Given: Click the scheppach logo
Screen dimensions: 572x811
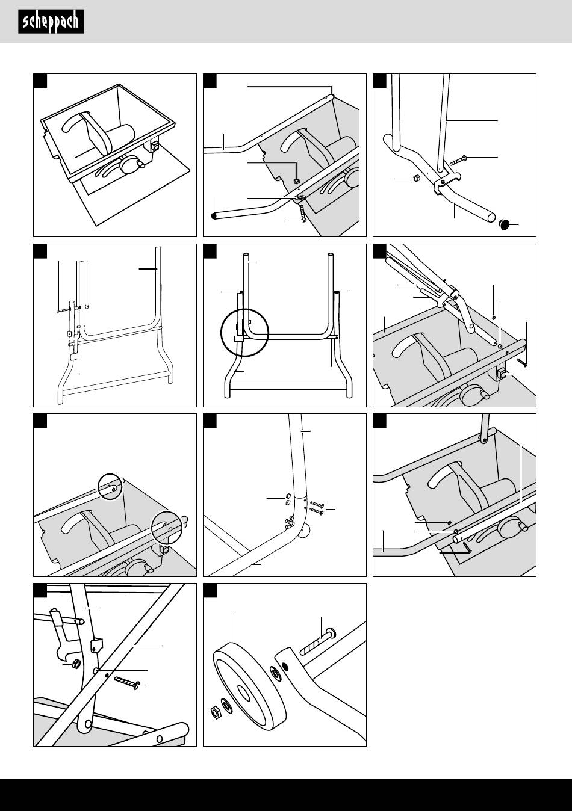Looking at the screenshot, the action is tap(51, 22).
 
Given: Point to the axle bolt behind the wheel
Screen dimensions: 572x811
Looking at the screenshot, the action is tap(318, 642).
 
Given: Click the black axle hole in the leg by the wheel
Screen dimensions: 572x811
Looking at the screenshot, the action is tap(285, 666).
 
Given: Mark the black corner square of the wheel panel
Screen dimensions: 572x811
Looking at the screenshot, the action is tap(210, 590).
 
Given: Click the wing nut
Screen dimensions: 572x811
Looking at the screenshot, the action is tap(289, 522).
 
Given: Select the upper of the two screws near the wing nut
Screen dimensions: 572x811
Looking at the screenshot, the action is tap(316, 505).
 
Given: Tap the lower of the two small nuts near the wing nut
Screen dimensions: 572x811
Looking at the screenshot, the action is tap(288, 502).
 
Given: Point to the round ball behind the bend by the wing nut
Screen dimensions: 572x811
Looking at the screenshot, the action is tap(305, 531).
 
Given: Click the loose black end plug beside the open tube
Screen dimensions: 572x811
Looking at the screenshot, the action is tap(504, 224).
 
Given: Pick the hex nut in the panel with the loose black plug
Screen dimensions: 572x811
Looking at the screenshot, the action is tap(417, 178).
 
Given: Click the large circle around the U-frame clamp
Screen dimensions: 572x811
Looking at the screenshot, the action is tap(245, 333).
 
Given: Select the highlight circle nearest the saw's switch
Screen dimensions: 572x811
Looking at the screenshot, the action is tap(167, 528).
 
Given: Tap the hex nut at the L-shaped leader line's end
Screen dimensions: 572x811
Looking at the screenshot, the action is tap(296, 180).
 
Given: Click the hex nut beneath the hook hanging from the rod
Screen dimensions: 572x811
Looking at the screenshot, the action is tap(76, 664).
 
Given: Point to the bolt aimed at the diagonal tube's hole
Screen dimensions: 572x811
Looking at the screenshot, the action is tap(128, 680).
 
